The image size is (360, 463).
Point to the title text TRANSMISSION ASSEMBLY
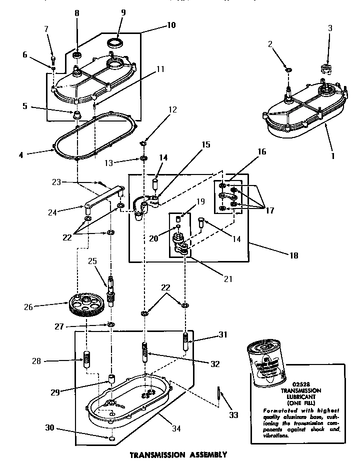(178, 455)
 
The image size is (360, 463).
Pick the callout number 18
(293, 255)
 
